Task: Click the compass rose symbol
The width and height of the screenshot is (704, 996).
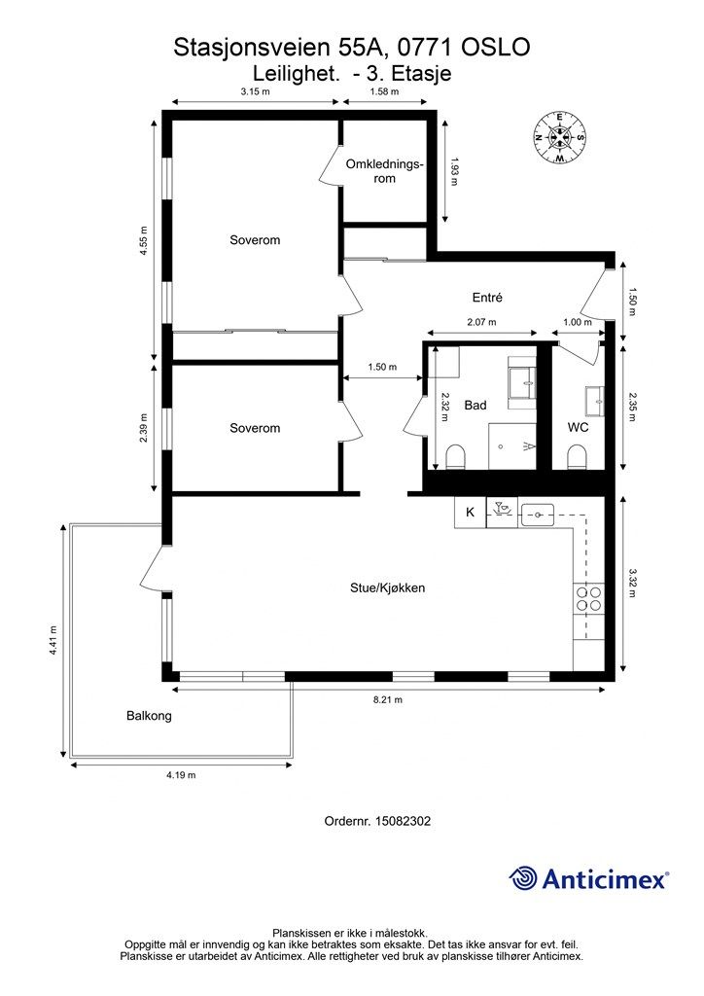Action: click(x=559, y=136)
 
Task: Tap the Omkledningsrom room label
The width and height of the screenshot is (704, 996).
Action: click(x=384, y=171)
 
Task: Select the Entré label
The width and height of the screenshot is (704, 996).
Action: click(x=487, y=298)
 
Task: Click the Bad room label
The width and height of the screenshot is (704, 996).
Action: click(x=475, y=406)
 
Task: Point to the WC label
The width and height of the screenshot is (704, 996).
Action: click(x=578, y=428)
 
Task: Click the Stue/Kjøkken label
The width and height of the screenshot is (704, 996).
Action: click(x=387, y=588)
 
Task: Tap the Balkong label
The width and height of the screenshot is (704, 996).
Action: click(x=149, y=716)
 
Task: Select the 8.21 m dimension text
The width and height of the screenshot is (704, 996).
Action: click(x=387, y=700)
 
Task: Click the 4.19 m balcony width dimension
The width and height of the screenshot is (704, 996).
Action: click(x=181, y=775)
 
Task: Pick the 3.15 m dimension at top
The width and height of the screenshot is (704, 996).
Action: click(x=255, y=91)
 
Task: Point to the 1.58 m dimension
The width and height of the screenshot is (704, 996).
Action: click(x=384, y=91)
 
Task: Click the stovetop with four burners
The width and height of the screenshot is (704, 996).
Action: click(x=588, y=598)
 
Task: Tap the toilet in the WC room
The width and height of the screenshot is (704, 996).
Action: click(x=576, y=457)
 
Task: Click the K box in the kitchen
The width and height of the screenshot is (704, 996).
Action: click(x=471, y=512)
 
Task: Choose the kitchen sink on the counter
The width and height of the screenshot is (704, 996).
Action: click(x=538, y=515)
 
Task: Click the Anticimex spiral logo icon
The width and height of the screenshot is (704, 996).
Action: click(x=523, y=879)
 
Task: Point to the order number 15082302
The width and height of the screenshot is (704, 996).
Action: click(x=377, y=821)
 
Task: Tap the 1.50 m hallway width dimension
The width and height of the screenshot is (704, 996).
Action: click(x=382, y=367)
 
